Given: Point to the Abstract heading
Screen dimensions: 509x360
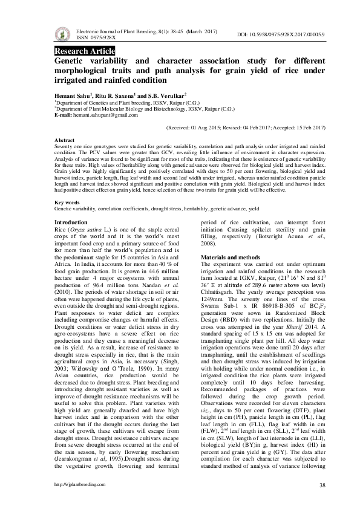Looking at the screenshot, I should tap(65, 139).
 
